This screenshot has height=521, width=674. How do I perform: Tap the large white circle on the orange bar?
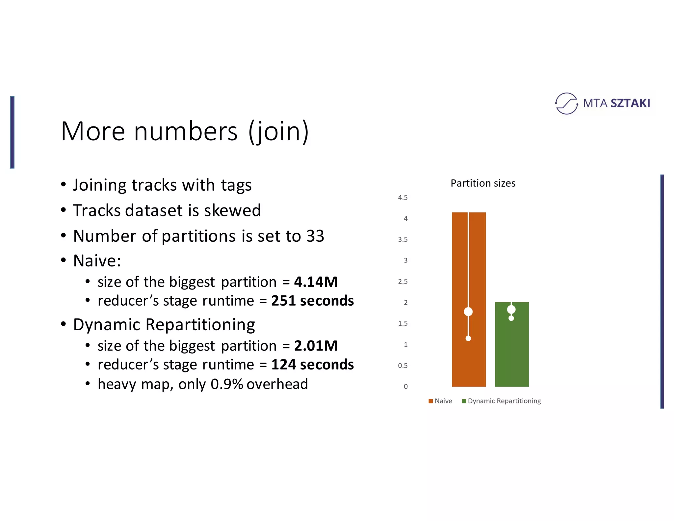point(468,312)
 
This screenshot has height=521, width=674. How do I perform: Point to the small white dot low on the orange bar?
point(468,338)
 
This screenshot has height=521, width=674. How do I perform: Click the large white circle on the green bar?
point(511,309)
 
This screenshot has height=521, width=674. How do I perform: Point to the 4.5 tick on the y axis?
point(402,198)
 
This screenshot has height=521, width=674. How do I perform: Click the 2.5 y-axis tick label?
point(402,282)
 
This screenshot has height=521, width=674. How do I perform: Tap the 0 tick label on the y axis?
point(405,387)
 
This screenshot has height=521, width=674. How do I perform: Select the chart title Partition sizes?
point(483,183)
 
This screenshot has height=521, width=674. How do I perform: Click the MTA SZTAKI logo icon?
point(566,103)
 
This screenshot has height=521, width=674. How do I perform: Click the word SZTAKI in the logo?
point(630,103)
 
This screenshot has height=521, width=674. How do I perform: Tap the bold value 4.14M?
point(316,282)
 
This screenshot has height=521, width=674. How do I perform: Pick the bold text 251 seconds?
point(312,301)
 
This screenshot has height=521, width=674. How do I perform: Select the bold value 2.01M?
point(316,346)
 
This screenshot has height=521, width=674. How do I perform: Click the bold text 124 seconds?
point(312,365)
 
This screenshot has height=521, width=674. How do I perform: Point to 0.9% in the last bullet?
point(227,384)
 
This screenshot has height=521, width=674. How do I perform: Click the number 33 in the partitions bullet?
point(315,236)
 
